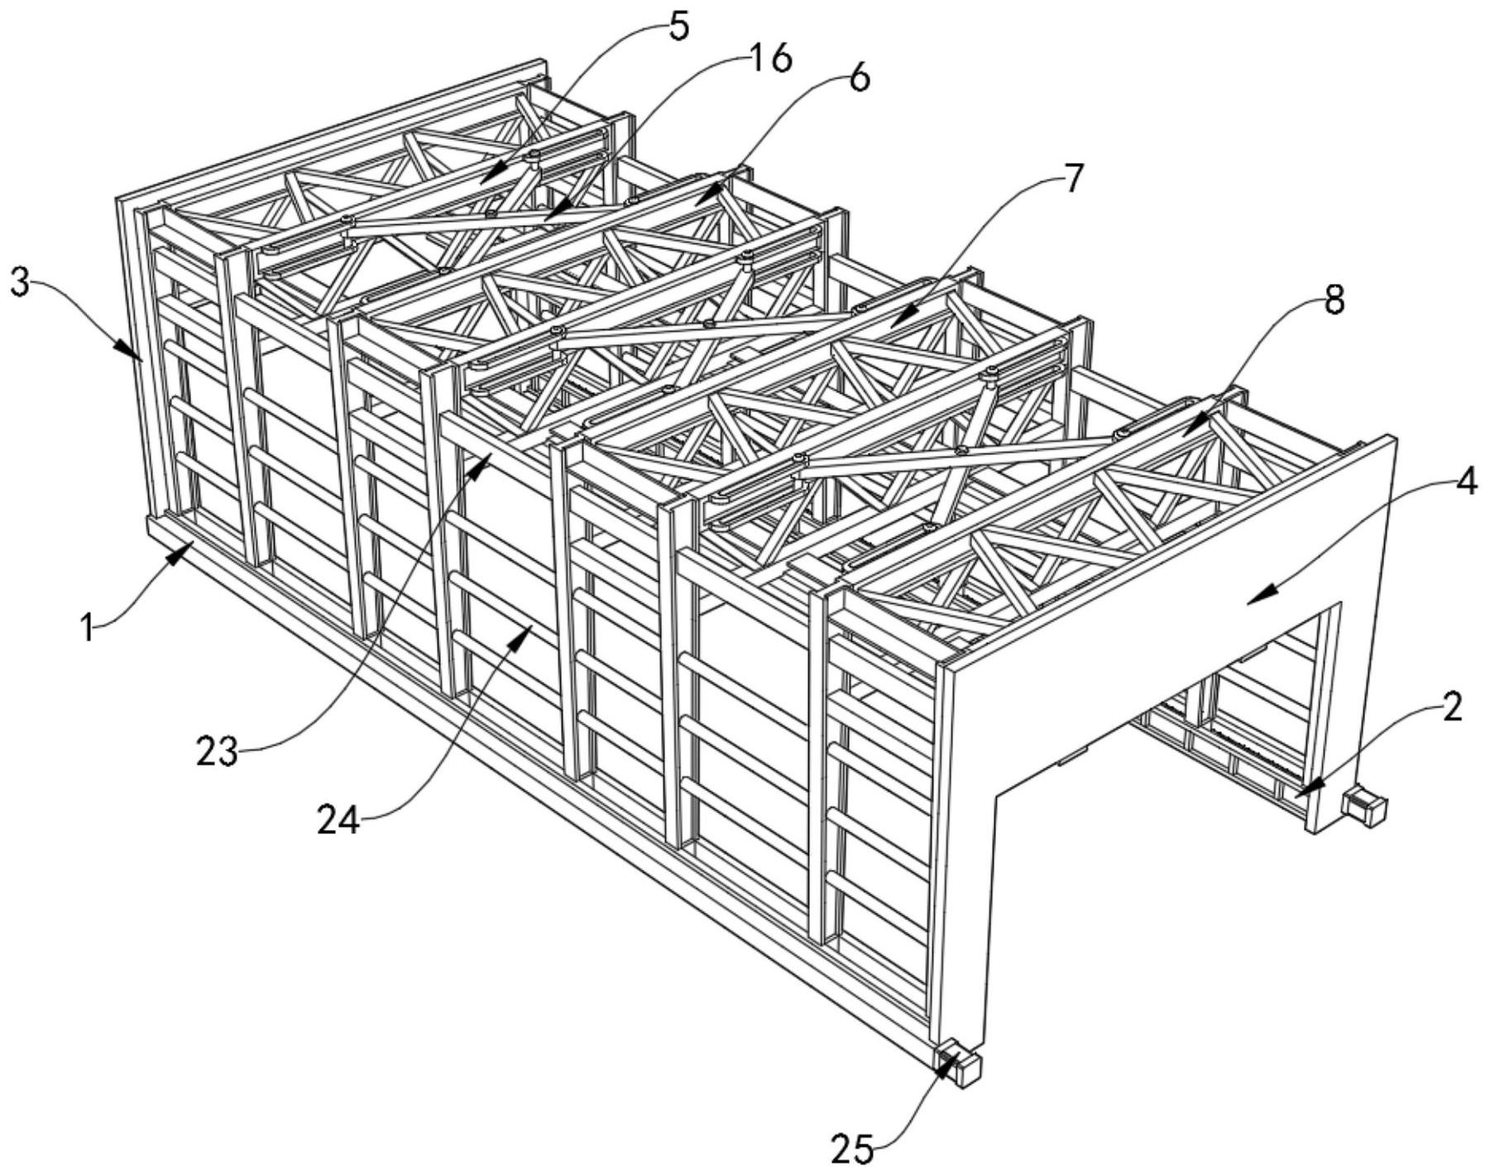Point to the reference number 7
1071,179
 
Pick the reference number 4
1465,482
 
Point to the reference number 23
217,753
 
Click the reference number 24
339,820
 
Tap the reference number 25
852,1149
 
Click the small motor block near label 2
1365,808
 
